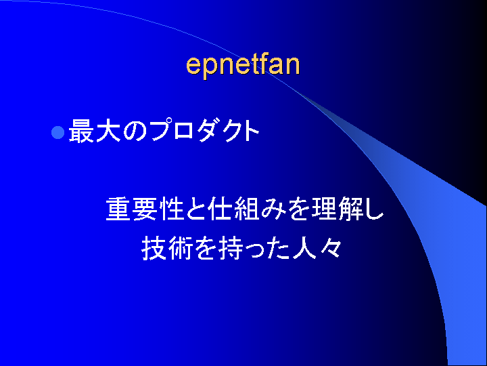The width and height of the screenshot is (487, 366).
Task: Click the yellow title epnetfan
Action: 243,65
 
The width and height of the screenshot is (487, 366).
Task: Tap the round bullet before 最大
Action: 57,132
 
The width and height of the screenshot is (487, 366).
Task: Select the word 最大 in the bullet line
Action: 95,131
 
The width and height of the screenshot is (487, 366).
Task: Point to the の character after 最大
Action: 134,131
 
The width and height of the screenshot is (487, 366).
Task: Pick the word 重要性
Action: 145,209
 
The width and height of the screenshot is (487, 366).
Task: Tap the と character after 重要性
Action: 195,209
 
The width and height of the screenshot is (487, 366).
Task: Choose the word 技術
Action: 167,248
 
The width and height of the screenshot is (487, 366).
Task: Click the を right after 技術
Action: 206,248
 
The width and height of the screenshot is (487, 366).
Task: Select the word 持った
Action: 254,248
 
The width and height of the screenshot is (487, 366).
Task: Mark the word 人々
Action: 317,248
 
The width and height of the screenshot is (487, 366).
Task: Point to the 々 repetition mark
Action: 331,248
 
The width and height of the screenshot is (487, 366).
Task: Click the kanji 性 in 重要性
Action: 171,209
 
